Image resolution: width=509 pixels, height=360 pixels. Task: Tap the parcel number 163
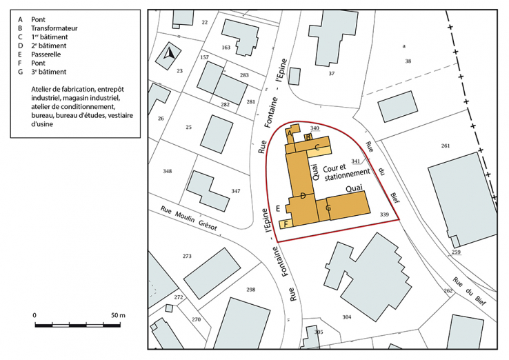tap(226, 47)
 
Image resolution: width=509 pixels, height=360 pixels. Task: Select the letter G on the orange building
tap(328, 207)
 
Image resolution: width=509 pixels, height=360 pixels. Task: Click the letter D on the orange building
tap(303, 197)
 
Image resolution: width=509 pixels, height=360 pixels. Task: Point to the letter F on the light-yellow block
tap(285, 225)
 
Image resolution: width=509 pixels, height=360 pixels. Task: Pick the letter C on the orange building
tap(317, 147)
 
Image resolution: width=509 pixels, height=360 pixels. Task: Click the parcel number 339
tap(384, 215)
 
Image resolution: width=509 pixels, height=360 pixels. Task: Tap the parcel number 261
tap(445, 146)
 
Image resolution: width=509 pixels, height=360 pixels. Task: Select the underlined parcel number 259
tap(456, 252)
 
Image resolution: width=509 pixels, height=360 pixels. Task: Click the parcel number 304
tap(347, 317)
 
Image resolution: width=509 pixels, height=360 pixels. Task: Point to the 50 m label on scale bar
tap(118, 315)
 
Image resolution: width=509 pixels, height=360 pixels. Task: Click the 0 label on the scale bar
tap(34, 315)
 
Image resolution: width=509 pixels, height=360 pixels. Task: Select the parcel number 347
tap(236, 191)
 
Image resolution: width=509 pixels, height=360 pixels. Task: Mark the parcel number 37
tap(332, 73)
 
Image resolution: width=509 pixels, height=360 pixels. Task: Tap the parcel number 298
tap(250, 290)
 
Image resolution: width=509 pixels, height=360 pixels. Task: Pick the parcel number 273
tap(186, 256)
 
